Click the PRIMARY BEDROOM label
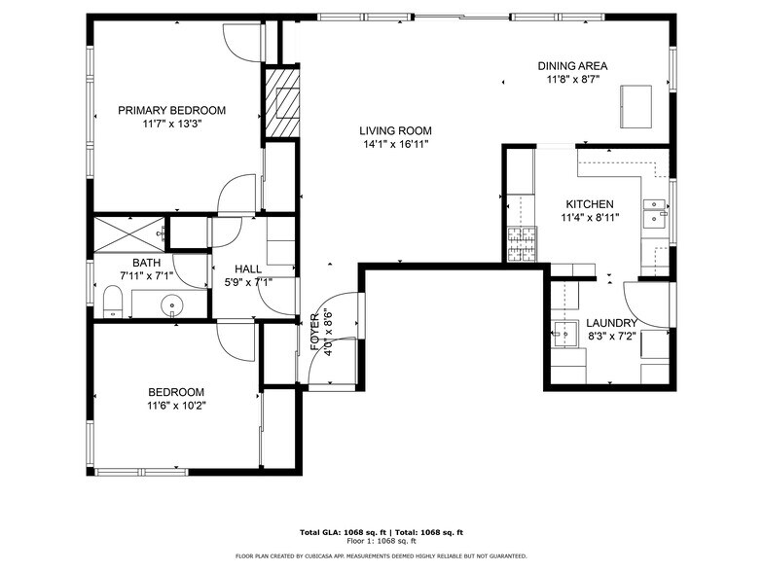171,111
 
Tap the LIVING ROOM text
395,131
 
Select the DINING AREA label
572,67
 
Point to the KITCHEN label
590,204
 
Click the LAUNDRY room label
611,323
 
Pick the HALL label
248,269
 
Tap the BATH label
147,263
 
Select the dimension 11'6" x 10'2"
176,406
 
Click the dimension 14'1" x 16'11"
395,144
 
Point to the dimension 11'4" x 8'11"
590,218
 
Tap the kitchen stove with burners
520,243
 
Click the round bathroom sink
172,305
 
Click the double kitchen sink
654,211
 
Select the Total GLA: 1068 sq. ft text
339,532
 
